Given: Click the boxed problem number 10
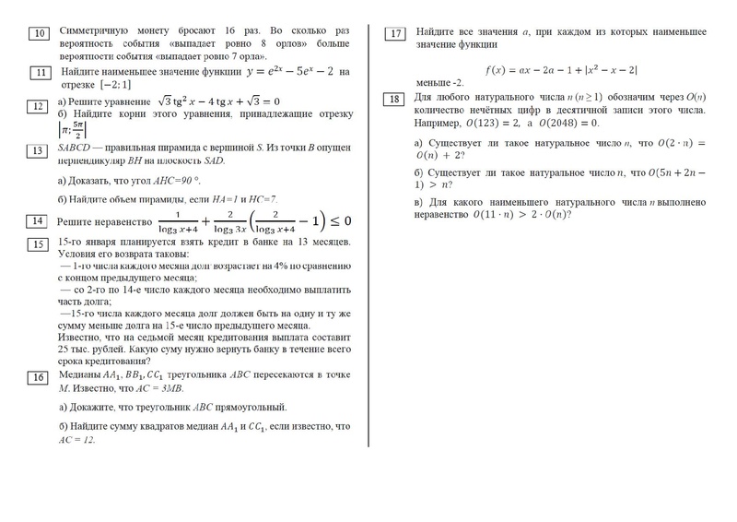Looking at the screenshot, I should coord(40,35).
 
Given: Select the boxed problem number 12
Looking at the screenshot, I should coord(40,107).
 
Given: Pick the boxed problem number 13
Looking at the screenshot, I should coord(40,151).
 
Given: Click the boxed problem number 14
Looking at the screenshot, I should coord(39,221).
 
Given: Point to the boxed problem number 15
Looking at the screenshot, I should coord(39,244).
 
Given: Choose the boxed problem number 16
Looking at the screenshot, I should coord(39,377).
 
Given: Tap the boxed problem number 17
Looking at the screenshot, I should coord(395,34).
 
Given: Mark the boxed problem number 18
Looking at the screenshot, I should coord(394,100).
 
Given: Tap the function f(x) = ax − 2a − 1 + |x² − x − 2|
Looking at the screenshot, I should coord(561,69).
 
